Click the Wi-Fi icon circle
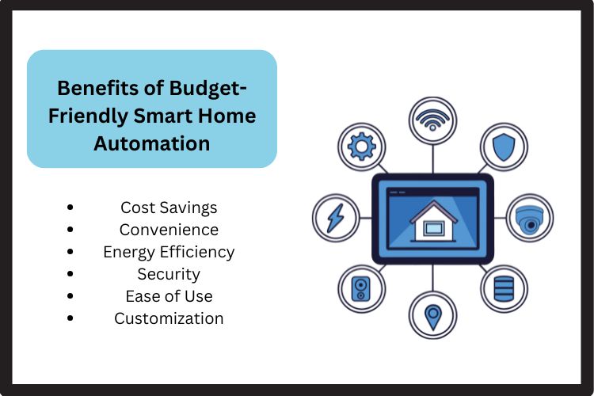pos(432,121)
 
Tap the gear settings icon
pos(361,147)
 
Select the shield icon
pos(504,147)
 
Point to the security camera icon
pos(529,218)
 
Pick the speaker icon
pos(361,287)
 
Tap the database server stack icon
pos(504,287)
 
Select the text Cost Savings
pos(169,208)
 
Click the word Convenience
pos(169,230)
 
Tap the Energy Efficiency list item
pos(169,252)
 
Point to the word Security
pos(169,274)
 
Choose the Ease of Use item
pos(169,296)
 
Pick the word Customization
pos(169,318)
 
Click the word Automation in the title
pos(152,143)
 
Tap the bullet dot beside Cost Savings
pos(71,208)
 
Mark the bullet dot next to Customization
pos(71,318)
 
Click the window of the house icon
pos(432,229)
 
